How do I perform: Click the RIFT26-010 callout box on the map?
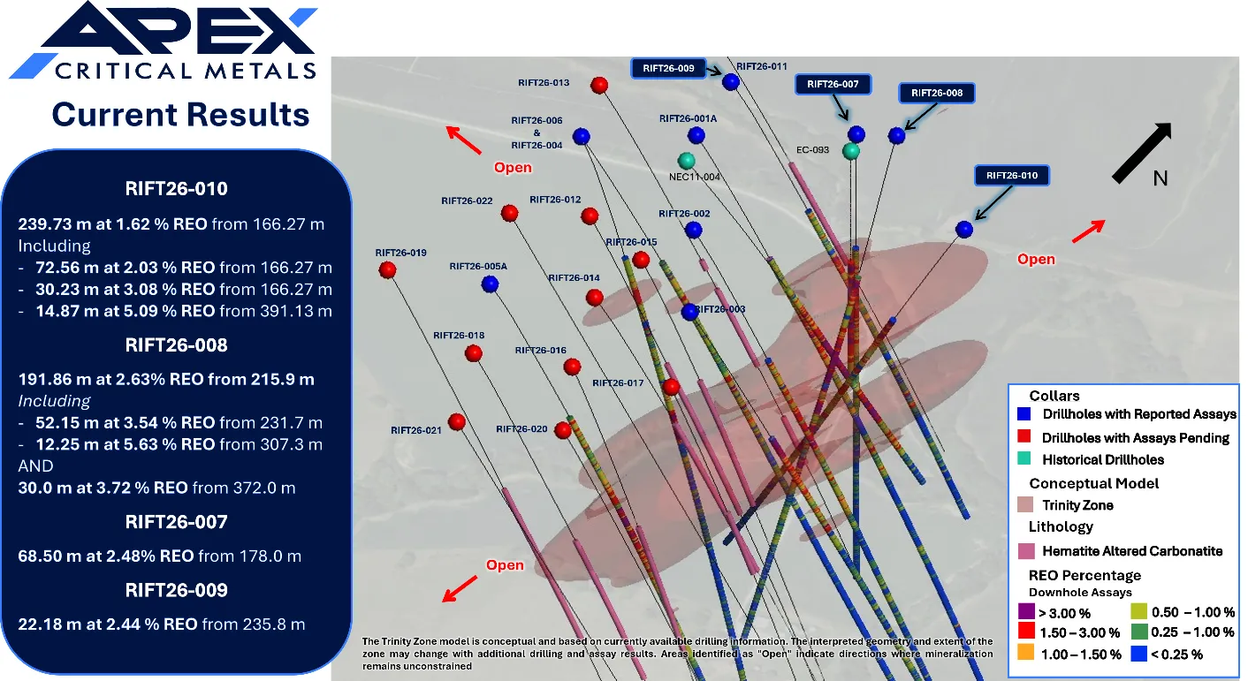(x=1012, y=176)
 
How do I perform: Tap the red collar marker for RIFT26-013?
(x=599, y=85)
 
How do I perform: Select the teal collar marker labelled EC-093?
(x=851, y=151)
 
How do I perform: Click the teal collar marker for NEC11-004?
(x=687, y=161)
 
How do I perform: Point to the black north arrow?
(x=1142, y=153)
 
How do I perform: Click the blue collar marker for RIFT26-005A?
(x=490, y=284)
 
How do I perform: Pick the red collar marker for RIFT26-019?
(x=387, y=270)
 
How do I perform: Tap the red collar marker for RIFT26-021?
(x=457, y=421)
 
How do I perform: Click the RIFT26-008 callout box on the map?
(x=937, y=93)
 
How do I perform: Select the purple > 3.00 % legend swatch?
(x=1026, y=611)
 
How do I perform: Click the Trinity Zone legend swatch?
(x=1025, y=504)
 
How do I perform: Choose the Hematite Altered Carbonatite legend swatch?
(x=1026, y=551)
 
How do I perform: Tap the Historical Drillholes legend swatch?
(x=1024, y=458)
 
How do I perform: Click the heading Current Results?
(x=180, y=115)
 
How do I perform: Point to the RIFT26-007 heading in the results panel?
(x=176, y=522)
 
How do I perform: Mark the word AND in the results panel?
(x=35, y=466)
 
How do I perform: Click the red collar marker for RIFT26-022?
(x=509, y=213)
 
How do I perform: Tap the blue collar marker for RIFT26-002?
(x=693, y=230)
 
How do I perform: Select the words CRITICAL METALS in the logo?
(x=186, y=72)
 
